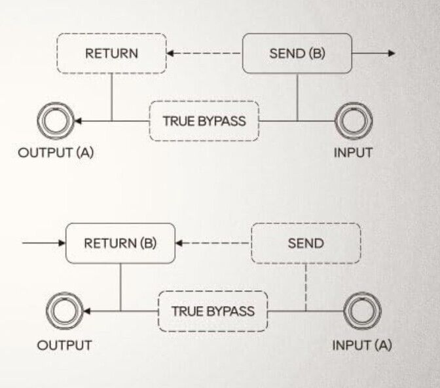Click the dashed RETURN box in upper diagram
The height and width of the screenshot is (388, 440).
coord(111,53)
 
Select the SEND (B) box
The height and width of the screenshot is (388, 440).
coord(297,53)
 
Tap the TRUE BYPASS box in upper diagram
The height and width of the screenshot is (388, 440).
coord(204,121)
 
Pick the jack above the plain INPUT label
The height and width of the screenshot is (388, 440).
coord(354,121)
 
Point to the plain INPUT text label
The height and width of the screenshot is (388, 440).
coord(353,153)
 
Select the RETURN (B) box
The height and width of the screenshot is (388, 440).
coord(120,243)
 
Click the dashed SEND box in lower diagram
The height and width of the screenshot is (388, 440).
coord(305,243)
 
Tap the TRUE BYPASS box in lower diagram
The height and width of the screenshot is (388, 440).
coord(213,311)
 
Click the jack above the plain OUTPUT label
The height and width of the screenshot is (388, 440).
coord(64,311)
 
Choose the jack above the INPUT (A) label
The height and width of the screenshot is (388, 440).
coord(362,311)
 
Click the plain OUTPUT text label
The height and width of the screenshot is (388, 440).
coord(64,345)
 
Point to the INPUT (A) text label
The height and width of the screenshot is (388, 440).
coord(362,345)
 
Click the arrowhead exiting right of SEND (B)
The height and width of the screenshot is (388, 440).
coord(392,53)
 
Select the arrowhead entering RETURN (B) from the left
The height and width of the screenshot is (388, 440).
coord(62,243)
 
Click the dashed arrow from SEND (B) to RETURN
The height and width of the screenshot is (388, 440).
coord(204,53)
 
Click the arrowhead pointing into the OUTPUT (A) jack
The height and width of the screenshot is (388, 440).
coord(78,121)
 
